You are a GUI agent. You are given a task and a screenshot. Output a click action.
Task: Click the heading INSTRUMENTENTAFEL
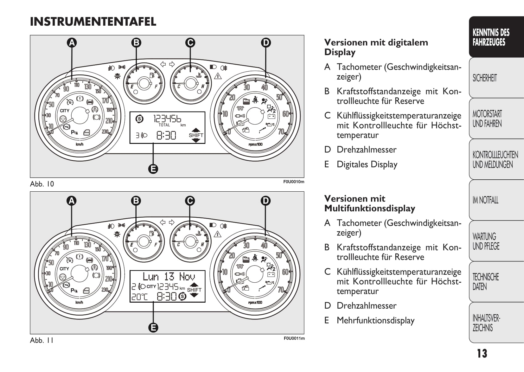point(93,22)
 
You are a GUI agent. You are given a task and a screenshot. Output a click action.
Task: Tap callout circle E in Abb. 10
point(153,169)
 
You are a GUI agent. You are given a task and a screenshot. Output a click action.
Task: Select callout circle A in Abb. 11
point(72,201)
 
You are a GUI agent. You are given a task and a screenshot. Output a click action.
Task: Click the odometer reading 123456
point(167,119)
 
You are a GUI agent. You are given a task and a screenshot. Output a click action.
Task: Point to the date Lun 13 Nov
point(169,276)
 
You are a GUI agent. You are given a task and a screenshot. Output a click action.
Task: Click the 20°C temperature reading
point(139,297)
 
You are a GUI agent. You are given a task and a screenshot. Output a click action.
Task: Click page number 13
point(482,353)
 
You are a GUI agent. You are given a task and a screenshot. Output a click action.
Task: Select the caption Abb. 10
point(42,184)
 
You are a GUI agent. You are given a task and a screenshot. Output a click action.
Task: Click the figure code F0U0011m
point(294,338)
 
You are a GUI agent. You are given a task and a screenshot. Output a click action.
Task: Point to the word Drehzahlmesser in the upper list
point(367,150)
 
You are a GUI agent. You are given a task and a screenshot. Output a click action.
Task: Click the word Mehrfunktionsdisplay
point(375,320)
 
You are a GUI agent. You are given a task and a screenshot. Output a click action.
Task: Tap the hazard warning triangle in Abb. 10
point(218,76)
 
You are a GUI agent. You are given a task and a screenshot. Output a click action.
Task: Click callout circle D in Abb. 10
point(266,42)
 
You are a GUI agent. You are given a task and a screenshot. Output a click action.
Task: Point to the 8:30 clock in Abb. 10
point(166,135)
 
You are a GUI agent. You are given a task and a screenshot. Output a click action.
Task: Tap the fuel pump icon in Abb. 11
point(151,234)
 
